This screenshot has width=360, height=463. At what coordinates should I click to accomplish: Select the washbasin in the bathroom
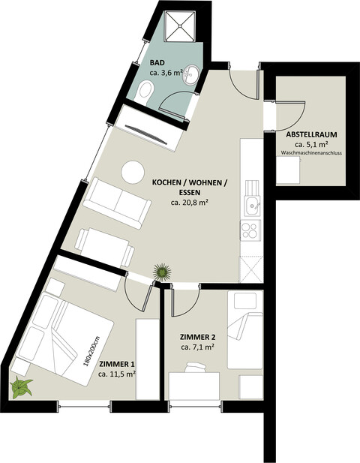pyautogui.click(x=192, y=74)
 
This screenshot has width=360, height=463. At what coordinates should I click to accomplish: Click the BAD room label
pyautogui.click(x=157, y=63)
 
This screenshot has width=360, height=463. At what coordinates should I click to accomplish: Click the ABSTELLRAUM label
pyautogui.click(x=310, y=134)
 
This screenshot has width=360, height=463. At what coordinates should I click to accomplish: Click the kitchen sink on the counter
pyautogui.click(x=250, y=203)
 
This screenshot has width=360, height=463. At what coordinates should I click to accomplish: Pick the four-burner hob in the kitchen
pyautogui.click(x=250, y=228)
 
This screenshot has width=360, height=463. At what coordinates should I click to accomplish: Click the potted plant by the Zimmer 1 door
pyautogui.click(x=161, y=272)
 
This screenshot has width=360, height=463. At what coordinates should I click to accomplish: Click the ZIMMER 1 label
pyautogui.click(x=116, y=365)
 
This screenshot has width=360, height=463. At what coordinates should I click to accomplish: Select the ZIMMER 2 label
pyautogui.click(x=197, y=337)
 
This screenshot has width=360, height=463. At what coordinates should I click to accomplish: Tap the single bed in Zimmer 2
pyautogui.click(x=244, y=330)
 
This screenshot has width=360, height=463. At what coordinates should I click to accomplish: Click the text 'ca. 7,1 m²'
pyautogui.click(x=197, y=347)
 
